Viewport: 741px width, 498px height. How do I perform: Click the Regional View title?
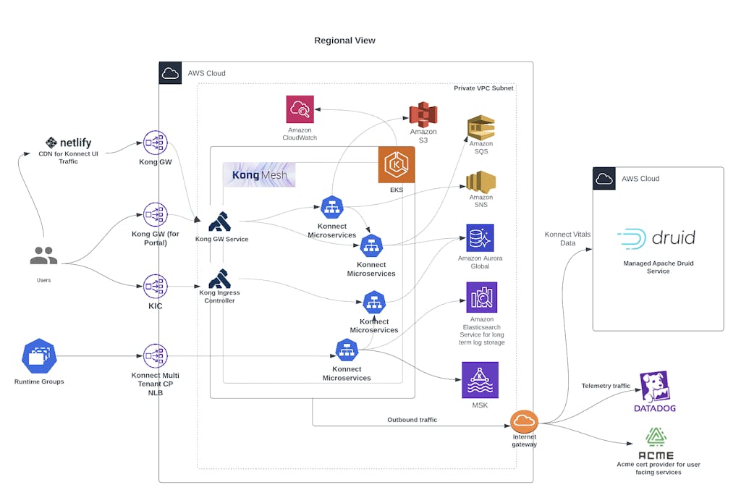coord(344,41)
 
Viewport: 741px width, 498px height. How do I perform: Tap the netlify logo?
coord(68,143)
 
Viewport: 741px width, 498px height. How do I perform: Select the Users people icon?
coord(43,256)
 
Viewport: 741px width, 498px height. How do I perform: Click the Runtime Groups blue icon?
coord(39,356)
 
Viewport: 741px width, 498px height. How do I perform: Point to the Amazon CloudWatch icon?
coord(300,110)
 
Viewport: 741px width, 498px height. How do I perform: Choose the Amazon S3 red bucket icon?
coord(423,114)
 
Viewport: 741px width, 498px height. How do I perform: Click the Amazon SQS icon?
coord(480,127)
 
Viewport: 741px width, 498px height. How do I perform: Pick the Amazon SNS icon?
coord(480,182)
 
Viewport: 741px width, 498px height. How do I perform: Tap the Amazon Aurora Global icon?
coord(480,237)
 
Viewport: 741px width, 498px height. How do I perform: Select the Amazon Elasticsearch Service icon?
coord(481,297)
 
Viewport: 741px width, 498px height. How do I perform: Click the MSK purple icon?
coord(479,379)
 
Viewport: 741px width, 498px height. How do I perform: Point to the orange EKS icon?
coord(396,165)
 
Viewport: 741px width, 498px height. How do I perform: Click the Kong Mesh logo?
coord(259,175)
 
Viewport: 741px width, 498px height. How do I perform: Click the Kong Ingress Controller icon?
coord(219,279)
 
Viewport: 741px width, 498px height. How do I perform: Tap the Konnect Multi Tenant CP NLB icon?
coord(155,356)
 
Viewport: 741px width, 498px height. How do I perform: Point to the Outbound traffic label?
coord(412,420)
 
